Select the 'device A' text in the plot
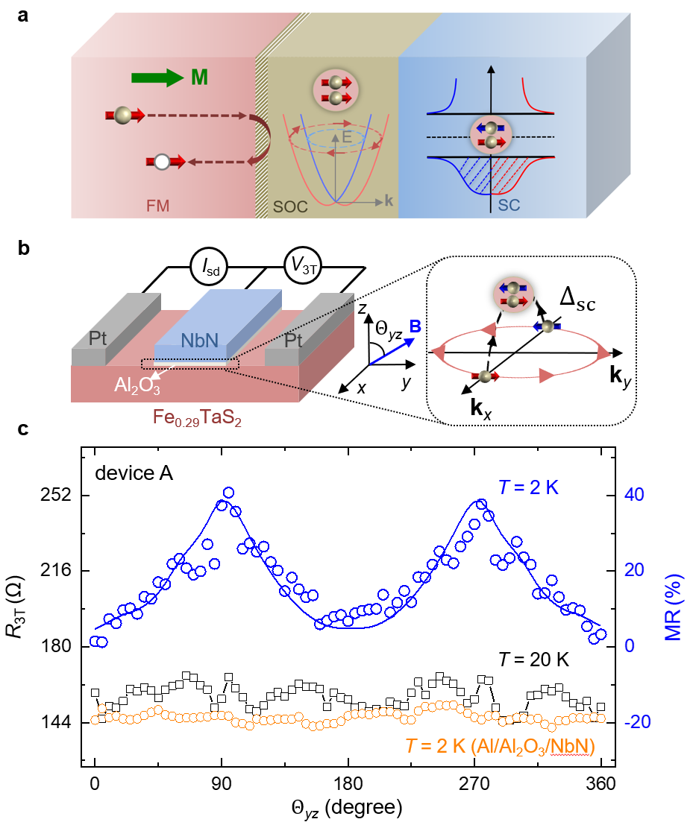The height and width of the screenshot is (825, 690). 134,472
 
